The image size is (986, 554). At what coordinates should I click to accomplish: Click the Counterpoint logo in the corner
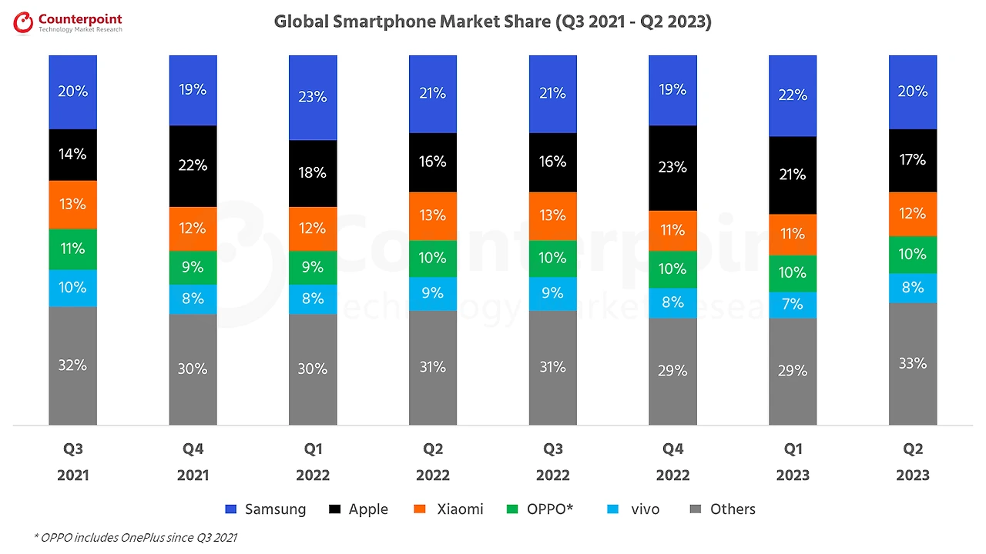[x=69, y=23]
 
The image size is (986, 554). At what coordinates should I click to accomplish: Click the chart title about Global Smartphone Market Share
[x=492, y=22]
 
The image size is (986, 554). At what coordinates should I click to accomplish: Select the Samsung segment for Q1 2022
[x=313, y=97]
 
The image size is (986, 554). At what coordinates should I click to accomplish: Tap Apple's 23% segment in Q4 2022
[x=672, y=167]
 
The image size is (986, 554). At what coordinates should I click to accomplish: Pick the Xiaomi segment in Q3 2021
[x=72, y=205]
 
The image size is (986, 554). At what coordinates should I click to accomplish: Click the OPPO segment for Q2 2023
[x=913, y=254]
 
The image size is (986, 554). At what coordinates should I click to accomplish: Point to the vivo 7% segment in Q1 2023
[x=793, y=305]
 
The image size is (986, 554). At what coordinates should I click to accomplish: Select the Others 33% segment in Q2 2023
[x=913, y=363]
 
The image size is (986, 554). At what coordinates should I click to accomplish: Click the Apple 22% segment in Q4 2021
[x=193, y=165]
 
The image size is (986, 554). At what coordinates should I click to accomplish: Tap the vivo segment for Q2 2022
[x=433, y=293]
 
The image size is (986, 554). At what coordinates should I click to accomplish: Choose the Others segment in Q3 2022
[x=553, y=367]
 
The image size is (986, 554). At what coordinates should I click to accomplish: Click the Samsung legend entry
[x=266, y=509]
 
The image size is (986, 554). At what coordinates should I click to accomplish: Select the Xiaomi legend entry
[x=450, y=509]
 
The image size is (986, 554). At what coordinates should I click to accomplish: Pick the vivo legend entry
[x=636, y=509]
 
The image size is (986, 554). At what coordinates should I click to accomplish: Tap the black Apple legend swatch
[x=335, y=509]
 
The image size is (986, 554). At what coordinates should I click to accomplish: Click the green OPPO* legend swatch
[x=513, y=509]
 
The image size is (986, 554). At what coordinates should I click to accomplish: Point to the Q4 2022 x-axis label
[x=672, y=462]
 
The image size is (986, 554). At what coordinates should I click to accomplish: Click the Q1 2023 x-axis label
[x=793, y=462]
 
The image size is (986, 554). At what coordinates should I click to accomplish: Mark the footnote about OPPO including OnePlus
[x=136, y=537]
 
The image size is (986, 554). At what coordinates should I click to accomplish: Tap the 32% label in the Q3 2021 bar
[x=72, y=365]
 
